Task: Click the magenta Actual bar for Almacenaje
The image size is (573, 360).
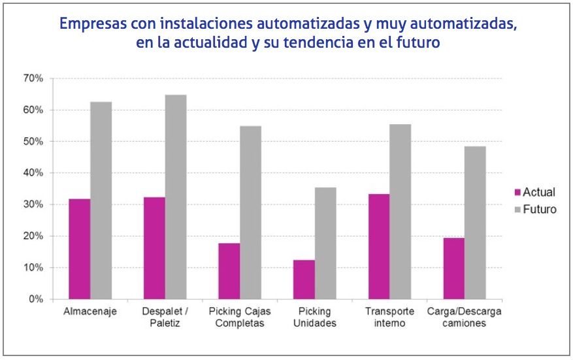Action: [x=79, y=249]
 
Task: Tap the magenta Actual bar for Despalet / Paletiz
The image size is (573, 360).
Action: [x=154, y=248]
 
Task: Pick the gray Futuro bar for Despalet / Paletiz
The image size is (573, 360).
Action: [x=176, y=197]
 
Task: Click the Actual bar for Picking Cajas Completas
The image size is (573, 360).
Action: [x=229, y=271]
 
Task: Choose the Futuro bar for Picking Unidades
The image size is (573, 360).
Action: [x=325, y=243]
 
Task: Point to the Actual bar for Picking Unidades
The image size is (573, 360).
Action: [x=304, y=280]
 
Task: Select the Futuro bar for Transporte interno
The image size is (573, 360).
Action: [x=401, y=212]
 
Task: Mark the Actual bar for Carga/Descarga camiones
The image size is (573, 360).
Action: [x=453, y=269]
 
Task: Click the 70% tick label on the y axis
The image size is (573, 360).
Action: [x=33, y=78]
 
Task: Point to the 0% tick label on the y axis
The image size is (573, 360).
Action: [x=35, y=299]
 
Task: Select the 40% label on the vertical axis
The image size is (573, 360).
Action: [x=33, y=173]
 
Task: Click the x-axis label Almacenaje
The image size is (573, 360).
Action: [x=90, y=311]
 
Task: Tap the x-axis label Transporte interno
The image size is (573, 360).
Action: [x=390, y=317]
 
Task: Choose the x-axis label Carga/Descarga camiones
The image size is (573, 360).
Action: [x=464, y=317]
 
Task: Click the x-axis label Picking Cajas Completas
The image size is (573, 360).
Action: [x=240, y=317]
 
